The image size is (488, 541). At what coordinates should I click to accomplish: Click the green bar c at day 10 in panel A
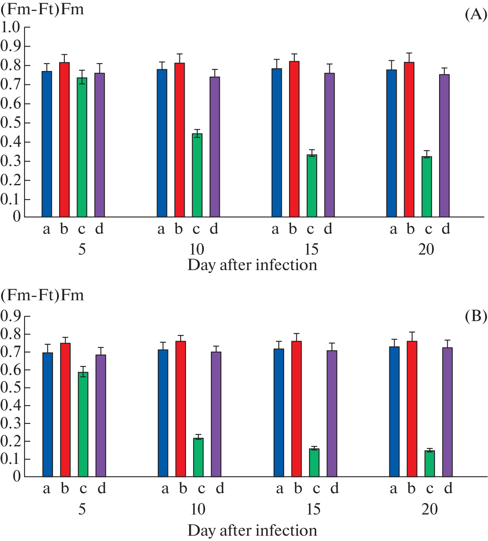tap(197, 175)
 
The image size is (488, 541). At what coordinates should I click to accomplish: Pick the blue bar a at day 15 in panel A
tap(276, 143)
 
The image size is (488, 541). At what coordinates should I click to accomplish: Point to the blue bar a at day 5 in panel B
tap(48, 415)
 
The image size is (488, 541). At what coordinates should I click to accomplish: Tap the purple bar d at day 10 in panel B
tap(216, 414)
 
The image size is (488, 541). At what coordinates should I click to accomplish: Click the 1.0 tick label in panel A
tap(11, 27)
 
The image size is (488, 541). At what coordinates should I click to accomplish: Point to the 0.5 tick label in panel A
tap(11, 123)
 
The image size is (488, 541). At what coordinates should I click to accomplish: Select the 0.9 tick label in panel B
tap(11, 316)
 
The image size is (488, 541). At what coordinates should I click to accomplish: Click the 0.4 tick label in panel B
tap(11, 406)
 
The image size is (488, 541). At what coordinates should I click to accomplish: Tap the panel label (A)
tap(476, 15)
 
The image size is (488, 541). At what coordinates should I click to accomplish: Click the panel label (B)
tap(476, 316)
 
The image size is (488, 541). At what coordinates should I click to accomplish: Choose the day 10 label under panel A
tap(197, 249)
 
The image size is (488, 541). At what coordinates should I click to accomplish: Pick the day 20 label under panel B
tap(429, 509)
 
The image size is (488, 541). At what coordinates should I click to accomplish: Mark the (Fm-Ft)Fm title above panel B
tap(42, 295)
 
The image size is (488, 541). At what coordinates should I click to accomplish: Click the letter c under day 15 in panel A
tap(311, 229)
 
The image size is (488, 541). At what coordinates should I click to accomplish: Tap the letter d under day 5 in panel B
tap(102, 488)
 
